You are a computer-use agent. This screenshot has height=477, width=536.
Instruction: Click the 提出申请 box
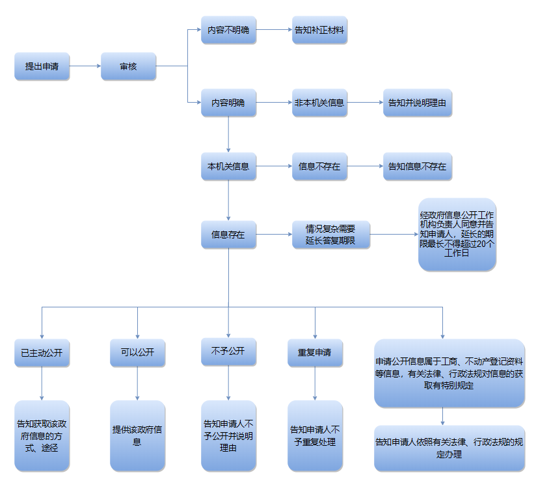tap(42, 66)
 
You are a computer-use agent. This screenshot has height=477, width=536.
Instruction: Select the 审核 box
tap(128, 66)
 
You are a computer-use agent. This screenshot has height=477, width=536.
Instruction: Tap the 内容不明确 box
tap(228, 30)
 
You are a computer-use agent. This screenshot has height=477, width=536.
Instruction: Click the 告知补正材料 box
tap(319, 30)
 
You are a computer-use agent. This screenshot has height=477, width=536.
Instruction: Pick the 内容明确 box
tap(228, 103)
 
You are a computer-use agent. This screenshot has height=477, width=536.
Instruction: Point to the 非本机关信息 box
tap(319, 103)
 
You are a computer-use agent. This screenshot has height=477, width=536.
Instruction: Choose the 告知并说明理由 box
tap(417, 103)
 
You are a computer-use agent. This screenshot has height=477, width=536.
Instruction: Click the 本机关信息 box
tap(228, 166)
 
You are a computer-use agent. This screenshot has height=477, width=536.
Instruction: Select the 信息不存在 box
tap(319, 166)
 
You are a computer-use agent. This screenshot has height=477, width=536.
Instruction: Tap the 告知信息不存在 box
tap(417, 166)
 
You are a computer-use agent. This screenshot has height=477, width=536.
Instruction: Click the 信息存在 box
tap(228, 235)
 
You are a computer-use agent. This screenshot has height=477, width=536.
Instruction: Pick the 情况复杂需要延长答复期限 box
tap(330, 235)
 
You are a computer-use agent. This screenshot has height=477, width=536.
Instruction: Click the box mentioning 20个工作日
tap(457, 235)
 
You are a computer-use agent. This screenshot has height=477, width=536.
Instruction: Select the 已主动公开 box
tap(42, 353)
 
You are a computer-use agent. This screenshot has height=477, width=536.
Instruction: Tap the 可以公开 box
tap(137, 353)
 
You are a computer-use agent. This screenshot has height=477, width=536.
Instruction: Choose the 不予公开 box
tap(228, 351)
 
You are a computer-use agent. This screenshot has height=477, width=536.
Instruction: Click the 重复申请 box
tap(315, 353)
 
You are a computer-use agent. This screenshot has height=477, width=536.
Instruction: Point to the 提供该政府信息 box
tap(137, 435)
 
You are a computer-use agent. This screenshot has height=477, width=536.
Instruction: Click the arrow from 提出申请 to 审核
tap(85, 66)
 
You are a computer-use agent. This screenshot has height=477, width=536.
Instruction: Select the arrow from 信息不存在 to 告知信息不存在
tap(365, 166)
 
